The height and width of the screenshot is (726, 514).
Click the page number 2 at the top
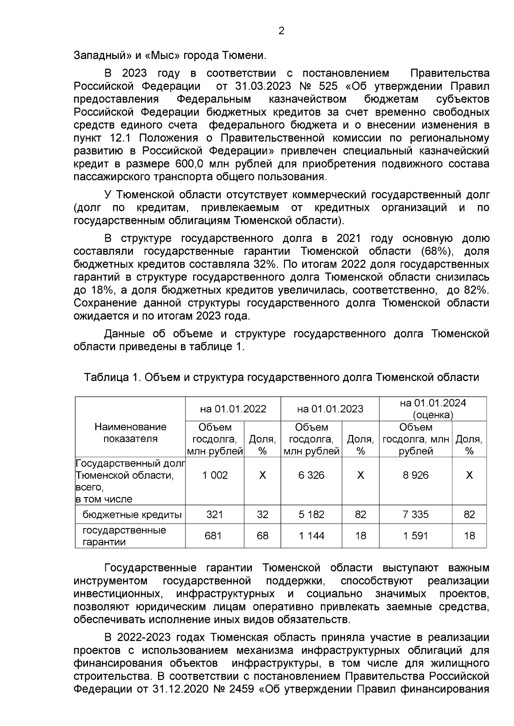[x=281, y=31]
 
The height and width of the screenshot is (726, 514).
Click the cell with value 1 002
[x=215, y=475]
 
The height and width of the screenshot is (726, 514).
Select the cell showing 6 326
[x=311, y=475]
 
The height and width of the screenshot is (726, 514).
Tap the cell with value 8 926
[x=415, y=475]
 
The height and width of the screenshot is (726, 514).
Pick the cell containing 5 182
[x=311, y=514]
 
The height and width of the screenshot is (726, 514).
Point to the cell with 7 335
[x=415, y=514]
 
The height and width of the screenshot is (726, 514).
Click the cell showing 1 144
[x=311, y=536]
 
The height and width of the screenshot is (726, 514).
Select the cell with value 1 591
[x=415, y=536]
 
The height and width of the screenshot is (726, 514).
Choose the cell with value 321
[x=215, y=514]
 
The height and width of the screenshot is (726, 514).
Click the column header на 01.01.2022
[x=233, y=409]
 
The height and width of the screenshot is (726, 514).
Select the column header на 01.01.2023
[x=330, y=409]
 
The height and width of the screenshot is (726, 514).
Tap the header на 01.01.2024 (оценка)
[x=433, y=409]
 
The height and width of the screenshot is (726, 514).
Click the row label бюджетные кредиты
[x=132, y=515]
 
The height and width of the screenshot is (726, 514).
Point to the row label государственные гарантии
[x=124, y=536]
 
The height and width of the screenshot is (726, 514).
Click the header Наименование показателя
[x=130, y=433]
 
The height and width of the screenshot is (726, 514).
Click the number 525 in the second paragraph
[x=328, y=86]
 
